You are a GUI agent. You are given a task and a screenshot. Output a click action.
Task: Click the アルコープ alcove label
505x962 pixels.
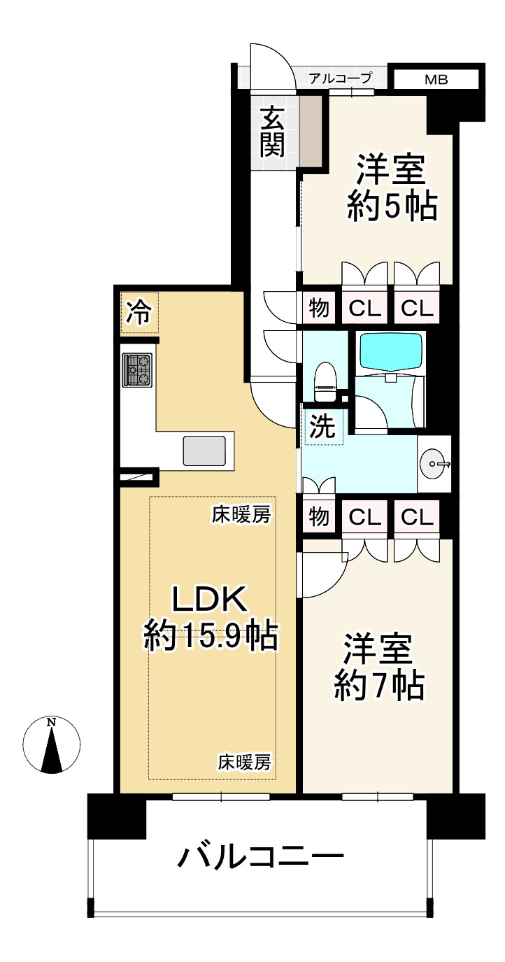341,78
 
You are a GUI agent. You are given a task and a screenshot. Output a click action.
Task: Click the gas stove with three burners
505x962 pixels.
138,369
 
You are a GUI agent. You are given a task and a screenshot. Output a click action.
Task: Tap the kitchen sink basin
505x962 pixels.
204,451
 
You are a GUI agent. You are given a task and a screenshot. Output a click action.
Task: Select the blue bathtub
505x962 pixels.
390,351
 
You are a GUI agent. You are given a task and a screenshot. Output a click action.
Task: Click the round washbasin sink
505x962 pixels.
435,463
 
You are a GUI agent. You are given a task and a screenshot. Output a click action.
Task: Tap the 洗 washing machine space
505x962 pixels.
323,427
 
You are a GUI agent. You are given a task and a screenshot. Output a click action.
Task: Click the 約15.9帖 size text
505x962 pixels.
211,636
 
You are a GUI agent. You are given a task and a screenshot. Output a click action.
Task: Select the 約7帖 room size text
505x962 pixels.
378,686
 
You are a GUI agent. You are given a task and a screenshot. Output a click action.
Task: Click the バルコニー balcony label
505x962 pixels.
261,856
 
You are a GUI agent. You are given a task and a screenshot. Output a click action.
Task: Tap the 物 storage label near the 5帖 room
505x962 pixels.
320,308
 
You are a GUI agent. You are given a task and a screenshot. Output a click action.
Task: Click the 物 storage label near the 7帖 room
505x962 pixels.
320,517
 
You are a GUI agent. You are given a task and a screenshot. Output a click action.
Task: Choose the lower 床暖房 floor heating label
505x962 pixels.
244,762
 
